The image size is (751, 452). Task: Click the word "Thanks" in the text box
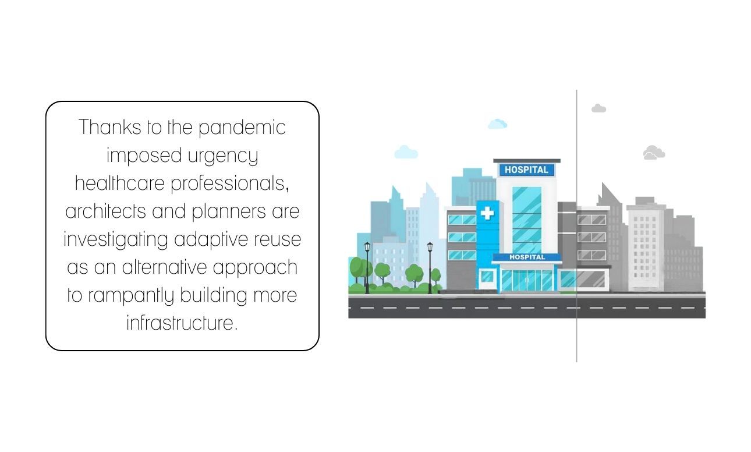click(x=110, y=127)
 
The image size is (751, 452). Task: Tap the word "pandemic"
click(x=242, y=128)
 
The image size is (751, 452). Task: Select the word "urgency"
click(x=223, y=156)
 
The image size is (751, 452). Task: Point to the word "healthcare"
click(x=120, y=183)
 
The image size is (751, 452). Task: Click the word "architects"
click(x=105, y=211)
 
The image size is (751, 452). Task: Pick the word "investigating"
click(x=116, y=240)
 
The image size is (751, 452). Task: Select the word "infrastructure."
click(x=182, y=323)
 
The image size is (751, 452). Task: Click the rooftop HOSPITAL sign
click(x=527, y=170)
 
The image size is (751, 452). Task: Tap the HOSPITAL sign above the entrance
click(x=527, y=257)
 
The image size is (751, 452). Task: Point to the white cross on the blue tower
click(x=487, y=213)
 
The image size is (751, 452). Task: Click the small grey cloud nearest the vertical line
click(x=598, y=108)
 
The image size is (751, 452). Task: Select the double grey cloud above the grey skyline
click(x=654, y=153)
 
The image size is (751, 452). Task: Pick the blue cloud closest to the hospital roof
click(x=497, y=124)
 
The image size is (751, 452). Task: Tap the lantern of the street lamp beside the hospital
click(x=430, y=247)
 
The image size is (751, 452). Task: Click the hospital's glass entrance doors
click(x=527, y=281)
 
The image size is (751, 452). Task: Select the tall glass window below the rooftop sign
click(x=527, y=220)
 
